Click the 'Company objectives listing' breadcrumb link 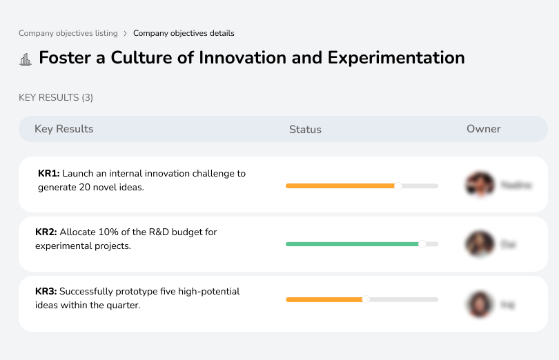pos(68,33)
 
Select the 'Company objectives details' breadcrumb pos(184,33)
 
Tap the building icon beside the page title pos(26,59)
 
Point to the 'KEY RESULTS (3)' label pos(56,98)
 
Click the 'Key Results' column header pos(63,129)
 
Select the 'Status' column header pos(305,130)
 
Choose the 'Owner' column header pos(483,129)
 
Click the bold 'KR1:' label pos(49,174)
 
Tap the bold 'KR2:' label pos(46,232)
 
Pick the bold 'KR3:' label pos(46,292)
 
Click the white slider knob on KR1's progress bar pos(398,186)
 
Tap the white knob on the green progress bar pos(422,244)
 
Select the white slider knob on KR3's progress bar pos(366,299)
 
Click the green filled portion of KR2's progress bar pos(352,244)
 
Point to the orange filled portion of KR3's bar pos(324,299)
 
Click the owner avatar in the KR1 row pos(480,185)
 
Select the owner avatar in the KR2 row pos(480,244)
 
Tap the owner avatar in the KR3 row pos(480,304)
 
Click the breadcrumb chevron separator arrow pos(125,33)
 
